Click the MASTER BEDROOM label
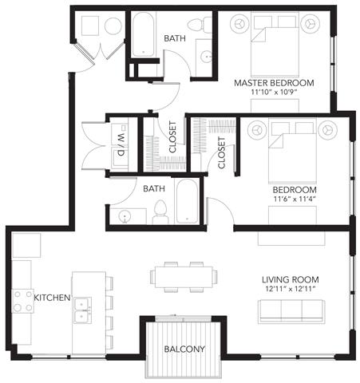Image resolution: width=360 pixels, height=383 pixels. (274, 83)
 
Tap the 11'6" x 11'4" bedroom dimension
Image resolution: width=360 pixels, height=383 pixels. (295, 199)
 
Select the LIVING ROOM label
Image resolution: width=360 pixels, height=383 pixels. (291, 279)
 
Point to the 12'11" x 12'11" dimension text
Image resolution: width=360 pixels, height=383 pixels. (291, 288)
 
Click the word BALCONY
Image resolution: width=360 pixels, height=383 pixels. (184, 349)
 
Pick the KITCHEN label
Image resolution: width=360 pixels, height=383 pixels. (52, 298)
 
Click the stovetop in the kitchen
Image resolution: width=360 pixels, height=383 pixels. (23, 301)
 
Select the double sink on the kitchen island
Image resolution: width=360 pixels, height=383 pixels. (82, 310)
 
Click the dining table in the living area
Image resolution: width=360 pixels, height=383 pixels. (184, 277)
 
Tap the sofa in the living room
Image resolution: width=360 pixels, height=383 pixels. (291, 311)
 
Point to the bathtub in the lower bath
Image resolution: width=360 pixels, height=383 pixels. (187, 201)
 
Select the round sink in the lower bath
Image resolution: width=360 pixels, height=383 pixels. (125, 215)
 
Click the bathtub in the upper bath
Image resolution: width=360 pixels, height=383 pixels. (143, 34)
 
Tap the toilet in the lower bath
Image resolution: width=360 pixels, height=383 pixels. (160, 212)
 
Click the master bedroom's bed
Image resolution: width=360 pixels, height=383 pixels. (275, 44)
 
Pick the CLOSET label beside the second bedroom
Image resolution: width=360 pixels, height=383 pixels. (222, 152)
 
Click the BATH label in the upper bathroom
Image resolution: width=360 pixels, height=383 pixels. (175, 38)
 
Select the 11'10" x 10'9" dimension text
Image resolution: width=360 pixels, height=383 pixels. (274, 92)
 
